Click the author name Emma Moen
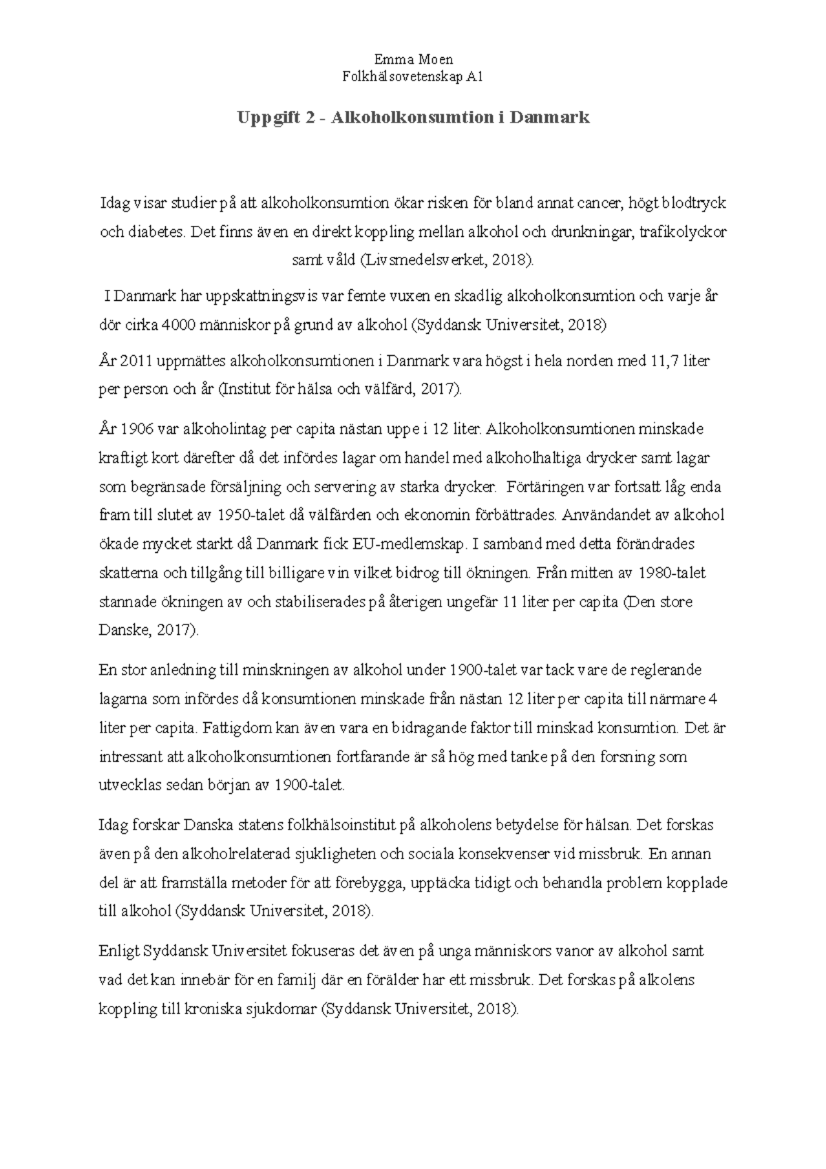point(413,60)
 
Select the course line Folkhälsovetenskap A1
point(413,77)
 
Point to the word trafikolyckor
point(682,232)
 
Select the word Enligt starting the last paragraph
point(119,951)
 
